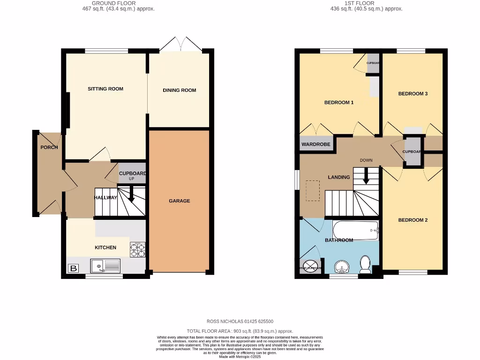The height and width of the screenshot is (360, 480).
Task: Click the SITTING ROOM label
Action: [x=105, y=89]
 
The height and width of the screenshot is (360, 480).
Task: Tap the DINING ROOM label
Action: [x=179, y=90]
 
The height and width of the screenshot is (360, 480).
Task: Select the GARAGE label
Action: [x=179, y=201]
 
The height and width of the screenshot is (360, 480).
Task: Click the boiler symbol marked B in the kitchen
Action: [x=73, y=269]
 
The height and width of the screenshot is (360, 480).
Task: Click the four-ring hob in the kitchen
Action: [x=137, y=250]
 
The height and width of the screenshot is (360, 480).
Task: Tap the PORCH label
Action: [x=49, y=147]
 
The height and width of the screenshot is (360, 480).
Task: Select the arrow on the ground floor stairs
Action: [x=131, y=194]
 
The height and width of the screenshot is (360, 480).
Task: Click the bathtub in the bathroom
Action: [x=356, y=230]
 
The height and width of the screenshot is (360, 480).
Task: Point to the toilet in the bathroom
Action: [x=365, y=264]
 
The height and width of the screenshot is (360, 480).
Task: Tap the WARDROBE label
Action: [x=316, y=144]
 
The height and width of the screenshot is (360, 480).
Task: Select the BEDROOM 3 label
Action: [x=412, y=93]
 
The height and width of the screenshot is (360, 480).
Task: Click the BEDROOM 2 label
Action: [x=412, y=220]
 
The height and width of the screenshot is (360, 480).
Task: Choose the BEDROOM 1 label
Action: [x=339, y=102]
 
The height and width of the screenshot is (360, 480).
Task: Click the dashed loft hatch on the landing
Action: [x=313, y=191]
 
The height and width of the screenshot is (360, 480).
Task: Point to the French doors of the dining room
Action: [x=181, y=45]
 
